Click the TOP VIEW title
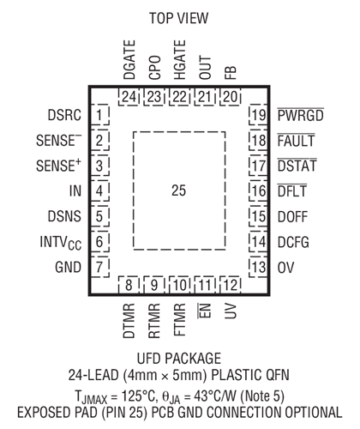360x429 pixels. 179,18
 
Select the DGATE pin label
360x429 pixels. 129,60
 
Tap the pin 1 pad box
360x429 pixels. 99,115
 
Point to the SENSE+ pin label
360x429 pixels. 58,166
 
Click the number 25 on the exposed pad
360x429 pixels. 179,190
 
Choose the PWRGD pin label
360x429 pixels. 301,115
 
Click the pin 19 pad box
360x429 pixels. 258,115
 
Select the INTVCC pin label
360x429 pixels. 61,243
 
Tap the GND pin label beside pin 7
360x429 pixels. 68,268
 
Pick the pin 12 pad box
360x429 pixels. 231,285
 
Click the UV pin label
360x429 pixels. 231,311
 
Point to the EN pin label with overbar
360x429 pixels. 205,311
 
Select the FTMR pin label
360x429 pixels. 180,319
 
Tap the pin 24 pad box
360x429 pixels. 129,97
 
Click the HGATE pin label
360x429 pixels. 180,60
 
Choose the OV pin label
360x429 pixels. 285,268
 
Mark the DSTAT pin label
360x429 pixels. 297,166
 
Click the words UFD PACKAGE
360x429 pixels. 179,359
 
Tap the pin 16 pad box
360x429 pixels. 258,190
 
